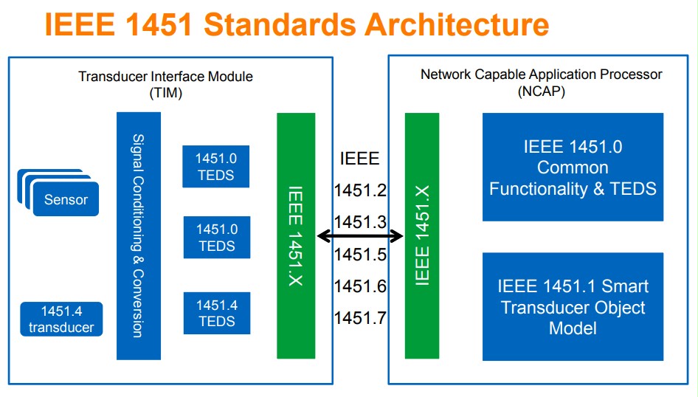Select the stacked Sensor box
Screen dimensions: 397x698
[66, 199]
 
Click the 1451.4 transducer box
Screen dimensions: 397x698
[62, 319]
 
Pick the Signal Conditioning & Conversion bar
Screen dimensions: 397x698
[138, 235]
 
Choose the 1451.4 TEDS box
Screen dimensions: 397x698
[216, 313]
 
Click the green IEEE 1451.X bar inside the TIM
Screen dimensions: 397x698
[295, 235]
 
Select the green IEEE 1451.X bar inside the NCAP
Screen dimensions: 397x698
[422, 235]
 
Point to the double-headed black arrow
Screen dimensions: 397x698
[360, 236]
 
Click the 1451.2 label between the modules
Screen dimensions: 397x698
[360, 190]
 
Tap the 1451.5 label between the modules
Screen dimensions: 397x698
[360, 255]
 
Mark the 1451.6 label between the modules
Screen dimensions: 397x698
[360, 286]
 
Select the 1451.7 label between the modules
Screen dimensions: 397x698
[360, 318]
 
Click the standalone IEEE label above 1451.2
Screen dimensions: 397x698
[360, 158]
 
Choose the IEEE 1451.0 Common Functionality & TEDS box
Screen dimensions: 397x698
[573, 168]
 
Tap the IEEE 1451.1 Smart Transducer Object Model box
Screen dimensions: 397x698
[573, 307]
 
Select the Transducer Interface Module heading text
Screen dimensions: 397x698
[165, 77]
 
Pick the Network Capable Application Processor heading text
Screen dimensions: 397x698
[542, 75]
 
